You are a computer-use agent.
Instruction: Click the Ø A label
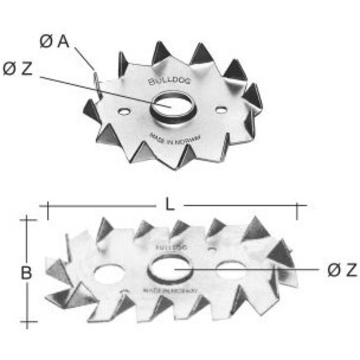coord(54,42)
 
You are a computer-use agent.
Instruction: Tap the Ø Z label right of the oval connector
coord(342,270)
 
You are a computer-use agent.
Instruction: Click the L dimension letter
coord(169,205)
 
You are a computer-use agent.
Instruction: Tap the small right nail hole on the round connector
coord(220,109)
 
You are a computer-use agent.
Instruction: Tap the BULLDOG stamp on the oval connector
coord(171,247)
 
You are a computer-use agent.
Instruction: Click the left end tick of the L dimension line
coord(48,210)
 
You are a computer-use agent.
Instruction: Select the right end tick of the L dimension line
coord(297,210)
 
